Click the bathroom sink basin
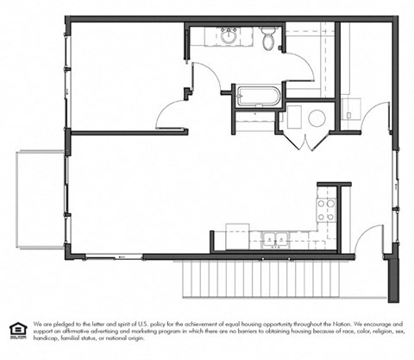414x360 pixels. coord(229,36)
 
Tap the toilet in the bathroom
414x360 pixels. coord(268,38)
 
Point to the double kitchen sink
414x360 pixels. coord(276,238)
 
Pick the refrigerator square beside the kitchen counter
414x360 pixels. coord(237,234)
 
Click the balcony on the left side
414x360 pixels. coord(40,200)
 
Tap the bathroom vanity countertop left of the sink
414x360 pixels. coord(205,36)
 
